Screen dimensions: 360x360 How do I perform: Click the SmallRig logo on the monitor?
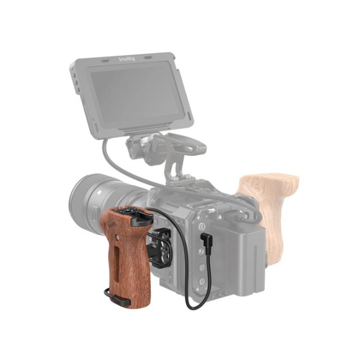click(127, 58)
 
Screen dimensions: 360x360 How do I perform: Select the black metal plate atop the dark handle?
click(136, 216)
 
